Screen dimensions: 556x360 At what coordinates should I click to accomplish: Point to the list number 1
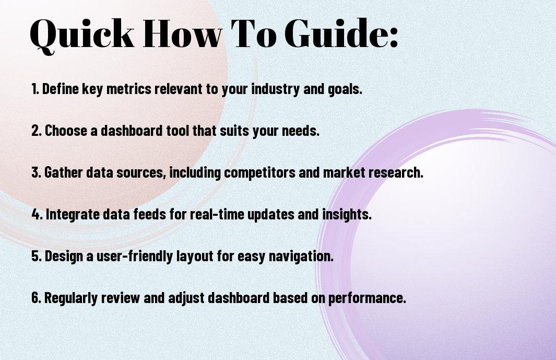pyautogui.click(x=35, y=89)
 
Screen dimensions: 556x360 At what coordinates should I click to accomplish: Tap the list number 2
pyautogui.click(x=36, y=131)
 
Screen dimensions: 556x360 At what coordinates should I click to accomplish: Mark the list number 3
pyautogui.click(x=36, y=172)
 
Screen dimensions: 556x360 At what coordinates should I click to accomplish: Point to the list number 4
pyautogui.click(x=37, y=214)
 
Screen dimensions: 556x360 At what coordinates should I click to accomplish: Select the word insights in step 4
pyautogui.click(x=347, y=215)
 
